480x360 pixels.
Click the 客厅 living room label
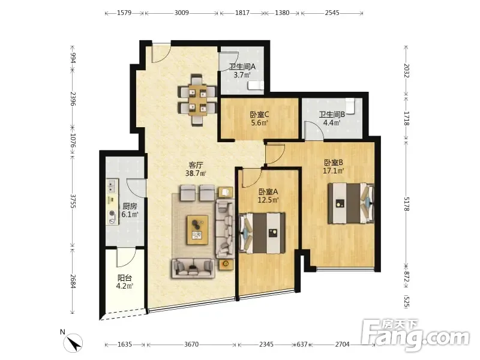click(x=196, y=165)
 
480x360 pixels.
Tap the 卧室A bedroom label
click(x=268, y=192)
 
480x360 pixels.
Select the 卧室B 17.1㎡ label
click(x=334, y=167)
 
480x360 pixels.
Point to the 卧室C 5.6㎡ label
click(x=260, y=119)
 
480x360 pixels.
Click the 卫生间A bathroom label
click(x=242, y=67)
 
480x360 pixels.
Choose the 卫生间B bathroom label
click(x=332, y=115)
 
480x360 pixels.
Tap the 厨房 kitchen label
click(x=130, y=206)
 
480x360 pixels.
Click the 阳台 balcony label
click(x=125, y=278)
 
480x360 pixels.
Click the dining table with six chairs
click(x=197, y=100)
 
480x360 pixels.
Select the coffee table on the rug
click(x=198, y=230)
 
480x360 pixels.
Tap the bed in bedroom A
click(x=262, y=233)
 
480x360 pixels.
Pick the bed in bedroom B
click(x=351, y=203)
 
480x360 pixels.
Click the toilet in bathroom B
click(x=350, y=106)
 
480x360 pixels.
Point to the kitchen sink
click(x=112, y=185)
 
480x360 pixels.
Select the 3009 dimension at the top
click(x=182, y=13)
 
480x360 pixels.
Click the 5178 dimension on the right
click(x=406, y=203)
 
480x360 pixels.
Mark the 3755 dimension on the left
click(x=73, y=201)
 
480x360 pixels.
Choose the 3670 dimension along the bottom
click(x=191, y=344)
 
